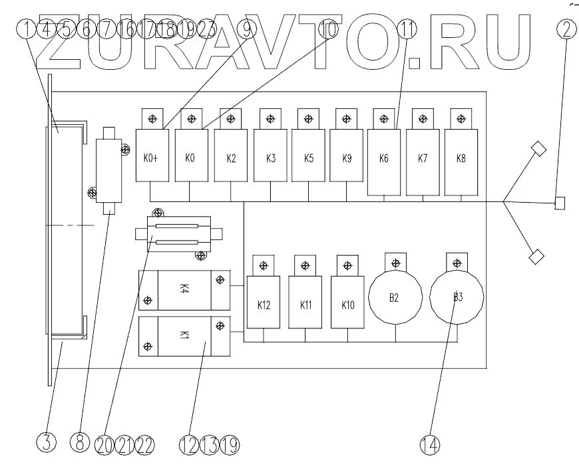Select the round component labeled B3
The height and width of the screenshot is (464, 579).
click(x=457, y=297)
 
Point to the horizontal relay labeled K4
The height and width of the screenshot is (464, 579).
click(x=184, y=290)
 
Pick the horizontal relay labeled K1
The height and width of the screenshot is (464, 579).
click(x=184, y=337)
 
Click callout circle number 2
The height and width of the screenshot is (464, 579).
click(x=565, y=30)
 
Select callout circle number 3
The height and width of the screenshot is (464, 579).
click(x=46, y=443)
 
